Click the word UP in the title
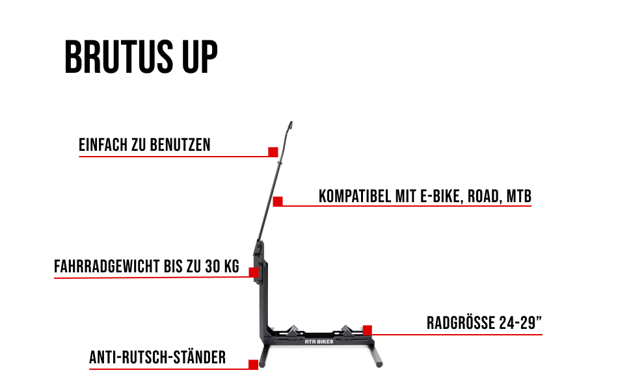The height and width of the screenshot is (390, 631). [198, 58]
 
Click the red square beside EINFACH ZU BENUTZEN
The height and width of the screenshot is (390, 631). [273, 151]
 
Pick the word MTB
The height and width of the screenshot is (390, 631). [519, 196]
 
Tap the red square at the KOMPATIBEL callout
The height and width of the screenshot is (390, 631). [278, 201]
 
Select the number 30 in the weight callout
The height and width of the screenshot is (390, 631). [210, 266]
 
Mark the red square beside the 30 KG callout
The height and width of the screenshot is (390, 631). [253, 272]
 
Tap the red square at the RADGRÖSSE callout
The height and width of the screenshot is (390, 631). [368, 330]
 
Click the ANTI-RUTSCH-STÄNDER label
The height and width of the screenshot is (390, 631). [157, 357]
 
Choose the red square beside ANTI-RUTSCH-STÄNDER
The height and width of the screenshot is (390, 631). [253, 365]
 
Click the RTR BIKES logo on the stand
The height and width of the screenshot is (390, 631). [318, 339]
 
